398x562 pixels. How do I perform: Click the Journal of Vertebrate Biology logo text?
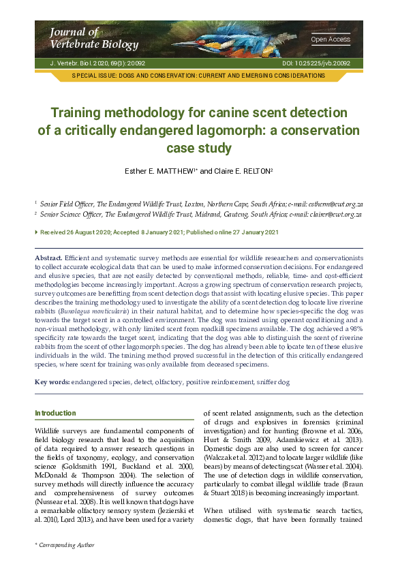tap(74, 38)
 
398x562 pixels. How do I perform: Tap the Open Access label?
tap(330, 40)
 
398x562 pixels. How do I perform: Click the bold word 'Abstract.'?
tap(48, 259)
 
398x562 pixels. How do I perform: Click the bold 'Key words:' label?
tap(52, 381)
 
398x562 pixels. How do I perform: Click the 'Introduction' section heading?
tap(55, 413)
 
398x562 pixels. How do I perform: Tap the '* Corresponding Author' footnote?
tap(65, 545)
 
